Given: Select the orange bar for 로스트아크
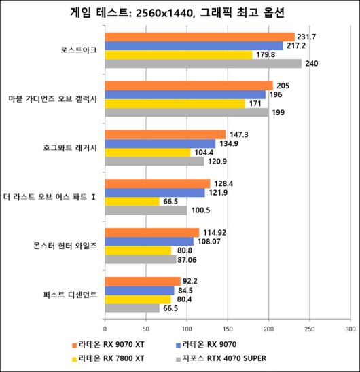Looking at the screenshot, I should tap(199, 37).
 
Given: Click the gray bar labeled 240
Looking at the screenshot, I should tap(202, 64).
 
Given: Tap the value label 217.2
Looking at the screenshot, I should tap(298, 45).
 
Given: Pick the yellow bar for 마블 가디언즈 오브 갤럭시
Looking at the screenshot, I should tap(175, 104).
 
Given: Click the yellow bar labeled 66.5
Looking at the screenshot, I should tap(132, 202).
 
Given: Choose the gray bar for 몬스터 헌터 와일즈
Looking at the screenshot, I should tap(140, 259).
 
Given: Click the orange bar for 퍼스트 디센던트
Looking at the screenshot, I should tap(142, 281).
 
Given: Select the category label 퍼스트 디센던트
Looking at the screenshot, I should tap(69, 295).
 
